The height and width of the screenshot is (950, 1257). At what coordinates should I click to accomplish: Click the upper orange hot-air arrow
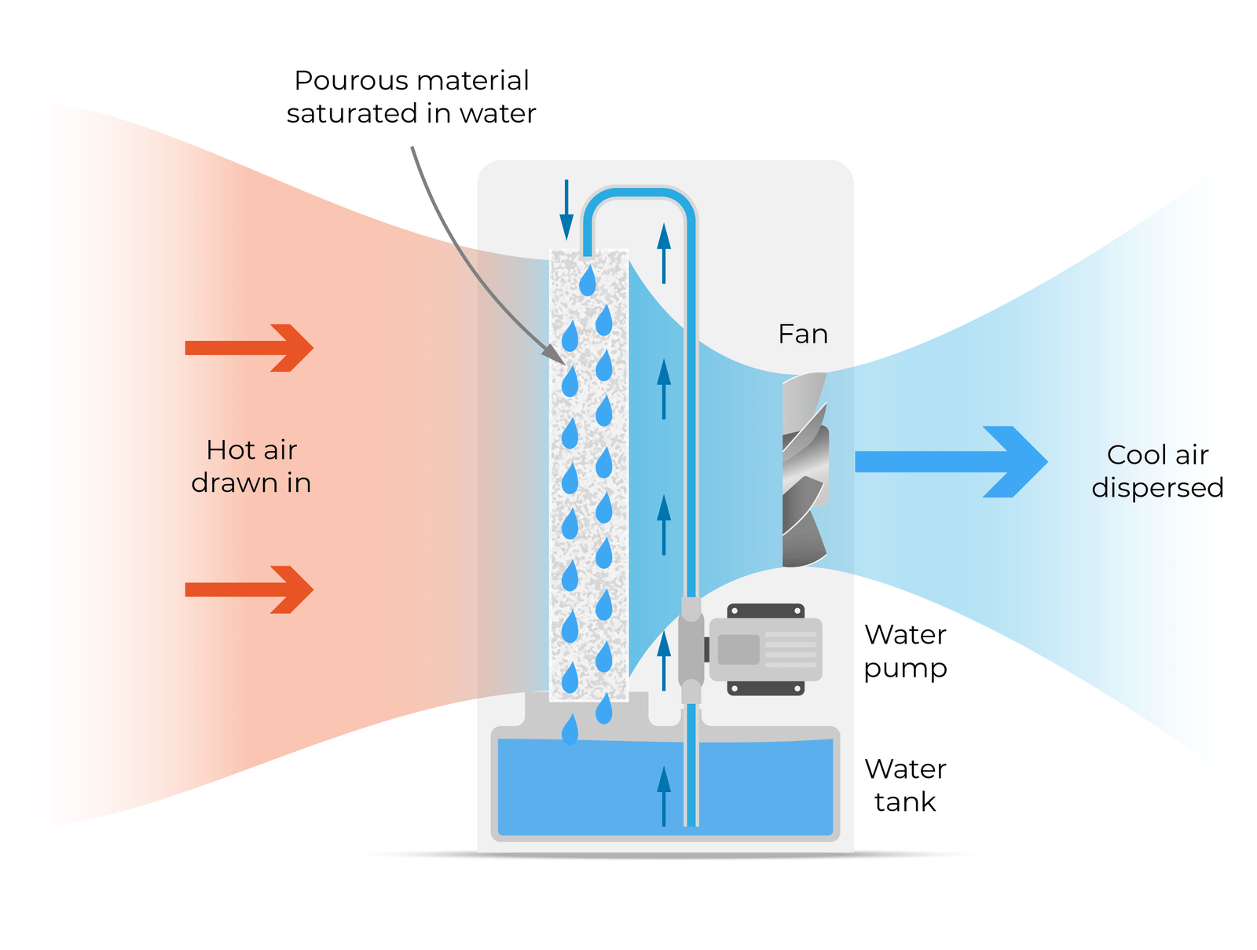point(250,347)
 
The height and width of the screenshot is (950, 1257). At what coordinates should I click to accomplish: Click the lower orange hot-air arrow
point(250,589)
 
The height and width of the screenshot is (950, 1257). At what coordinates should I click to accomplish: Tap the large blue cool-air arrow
point(951,461)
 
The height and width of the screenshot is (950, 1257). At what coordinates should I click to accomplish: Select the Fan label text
point(802,334)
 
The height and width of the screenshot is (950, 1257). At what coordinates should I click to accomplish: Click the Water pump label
point(905,651)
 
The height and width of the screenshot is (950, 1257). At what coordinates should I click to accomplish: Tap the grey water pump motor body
point(765,649)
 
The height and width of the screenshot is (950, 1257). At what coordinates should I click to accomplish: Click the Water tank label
point(905,785)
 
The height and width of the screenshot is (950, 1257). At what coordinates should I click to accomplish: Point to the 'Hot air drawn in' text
point(251,466)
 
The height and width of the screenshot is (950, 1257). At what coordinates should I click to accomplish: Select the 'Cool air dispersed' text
point(1157,471)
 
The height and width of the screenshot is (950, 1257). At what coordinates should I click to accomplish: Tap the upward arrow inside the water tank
point(664,795)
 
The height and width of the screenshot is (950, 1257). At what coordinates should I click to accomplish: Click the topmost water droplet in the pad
point(587,281)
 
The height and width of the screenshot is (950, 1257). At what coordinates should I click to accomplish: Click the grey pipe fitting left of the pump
point(691,650)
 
